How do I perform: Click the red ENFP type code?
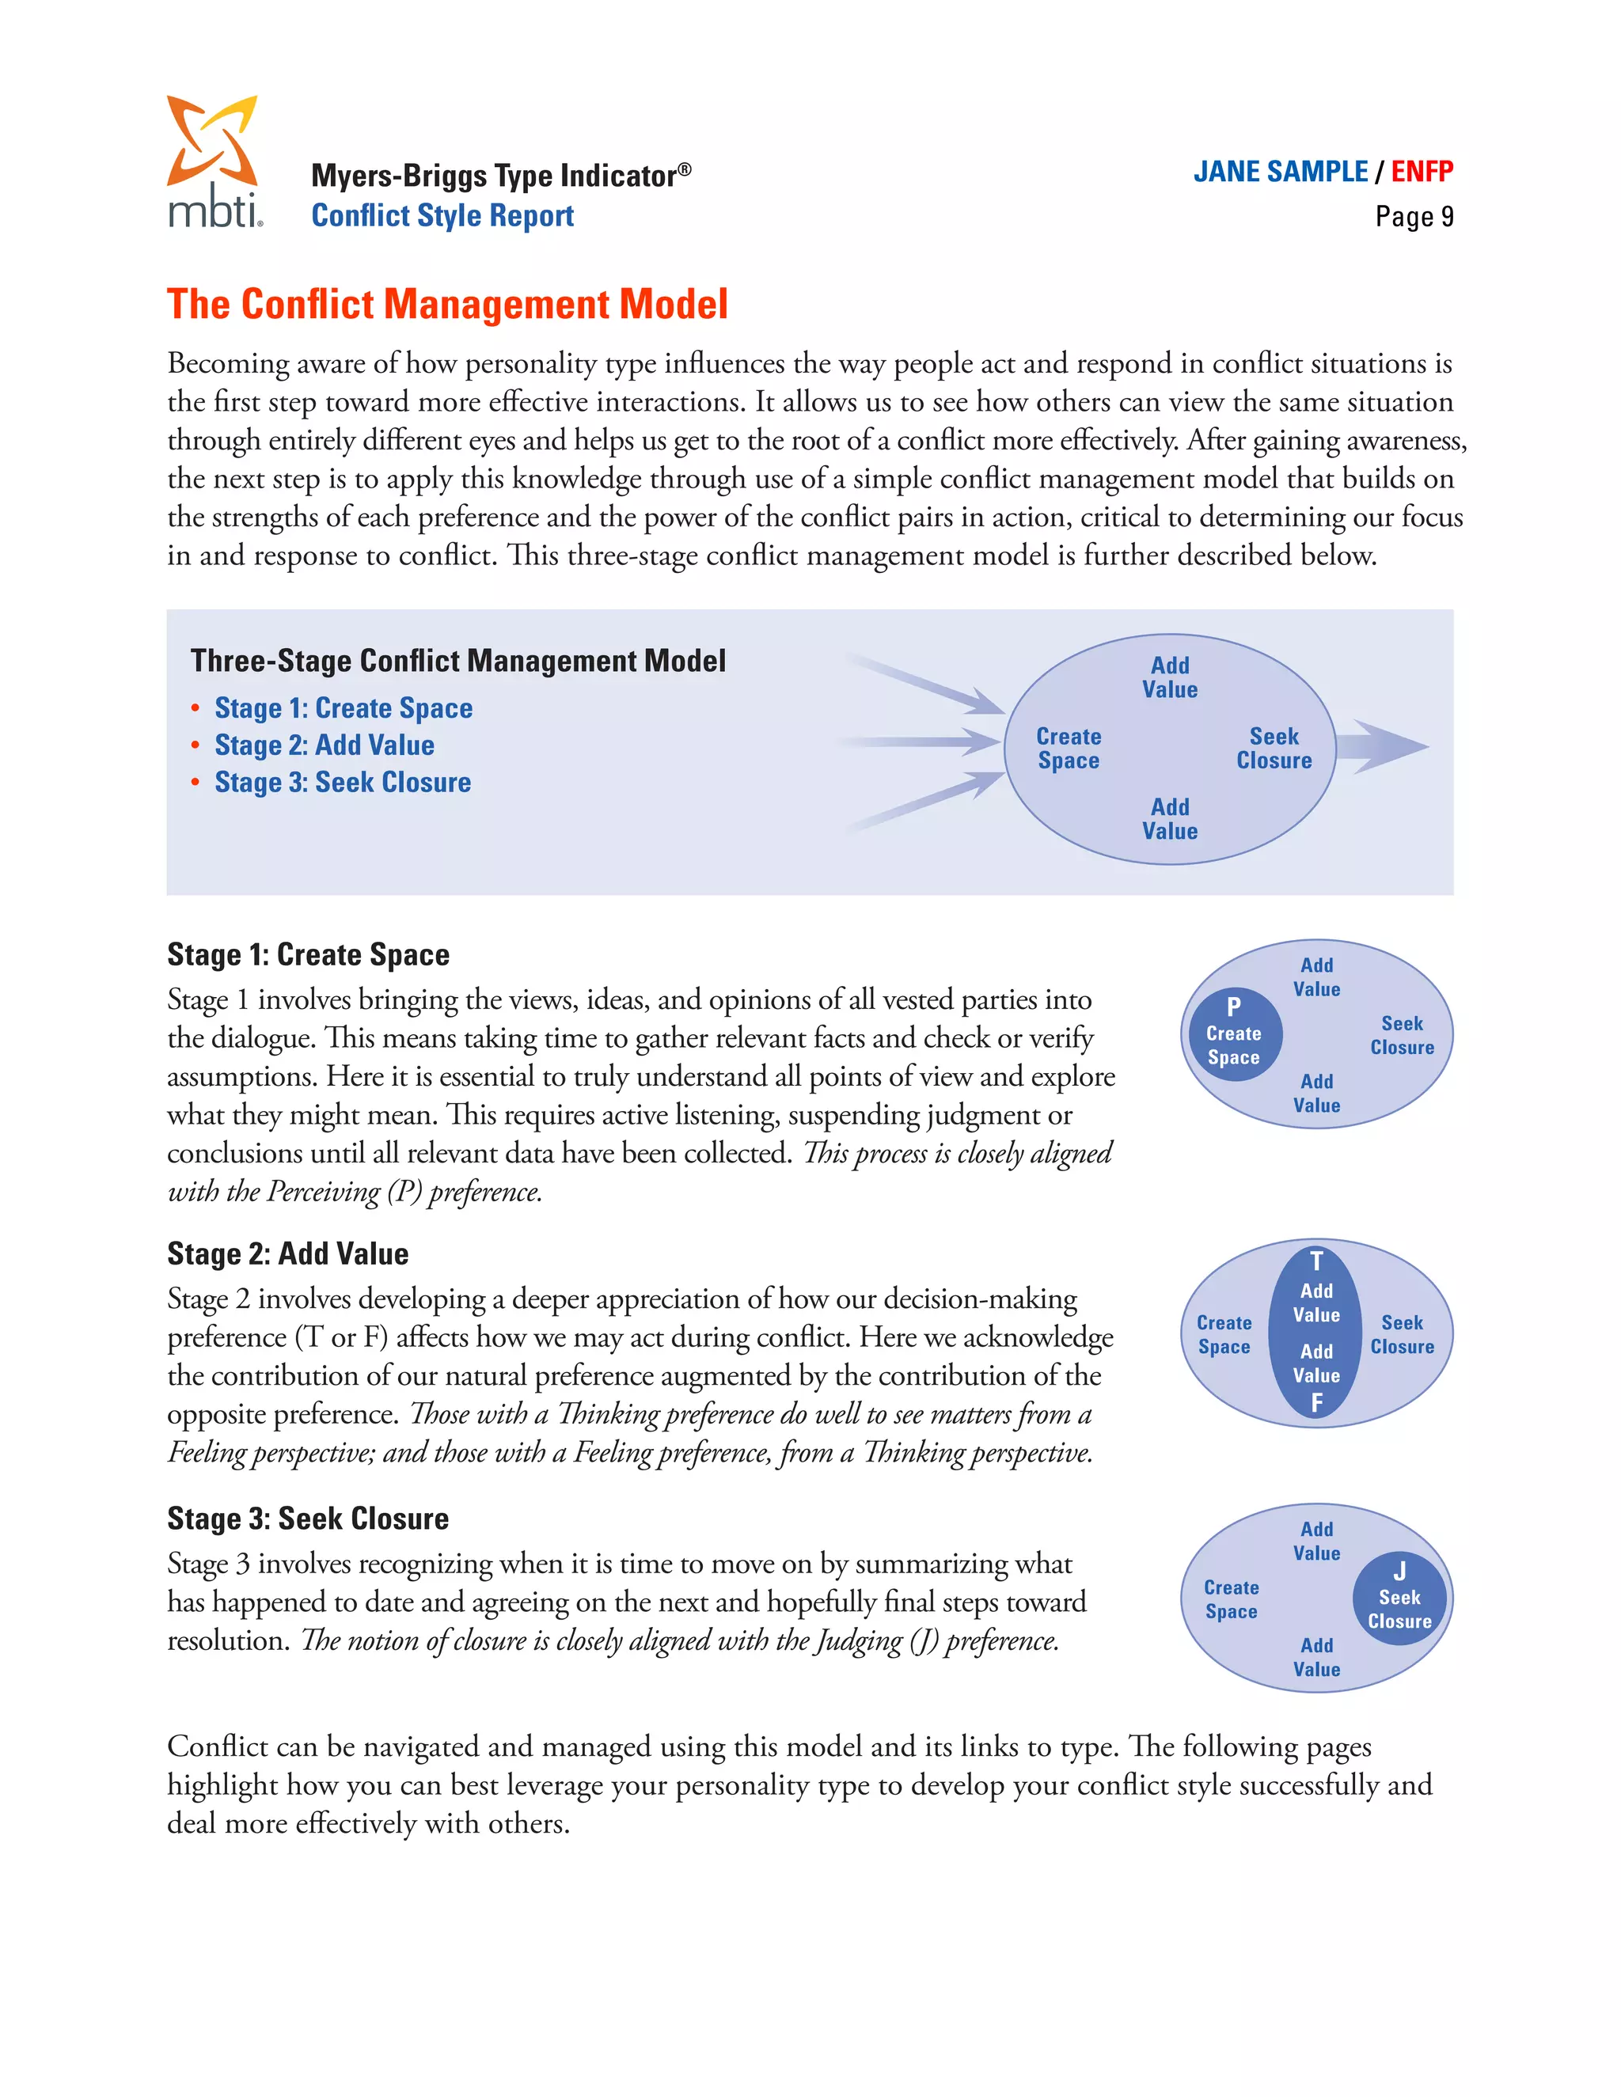click(x=1422, y=172)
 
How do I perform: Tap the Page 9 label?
click(x=1414, y=217)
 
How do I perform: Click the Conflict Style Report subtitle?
click(x=442, y=216)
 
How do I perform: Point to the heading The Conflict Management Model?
click(x=446, y=305)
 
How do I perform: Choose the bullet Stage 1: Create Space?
click(x=343, y=708)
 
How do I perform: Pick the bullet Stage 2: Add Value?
click(x=324, y=746)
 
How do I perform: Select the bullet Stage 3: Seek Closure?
click(x=342, y=783)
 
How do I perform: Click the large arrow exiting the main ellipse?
click(x=1383, y=747)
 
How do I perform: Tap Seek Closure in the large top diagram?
click(x=1274, y=748)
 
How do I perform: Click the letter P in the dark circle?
click(x=1234, y=1007)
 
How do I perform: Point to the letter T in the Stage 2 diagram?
click(x=1316, y=1261)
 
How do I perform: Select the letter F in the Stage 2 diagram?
click(x=1316, y=1403)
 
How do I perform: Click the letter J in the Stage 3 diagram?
click(x=1399, y=1572)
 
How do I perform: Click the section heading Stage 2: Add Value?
click(x=287, y=1254)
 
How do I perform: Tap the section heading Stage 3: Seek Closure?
click(x=307, y=1519)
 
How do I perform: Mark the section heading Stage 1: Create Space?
click(x=307, y=955)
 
